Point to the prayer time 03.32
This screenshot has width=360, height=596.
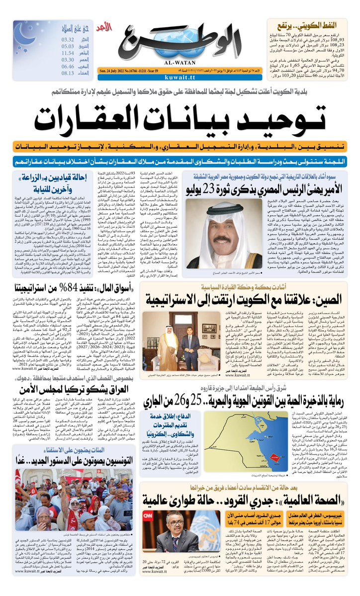68,39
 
